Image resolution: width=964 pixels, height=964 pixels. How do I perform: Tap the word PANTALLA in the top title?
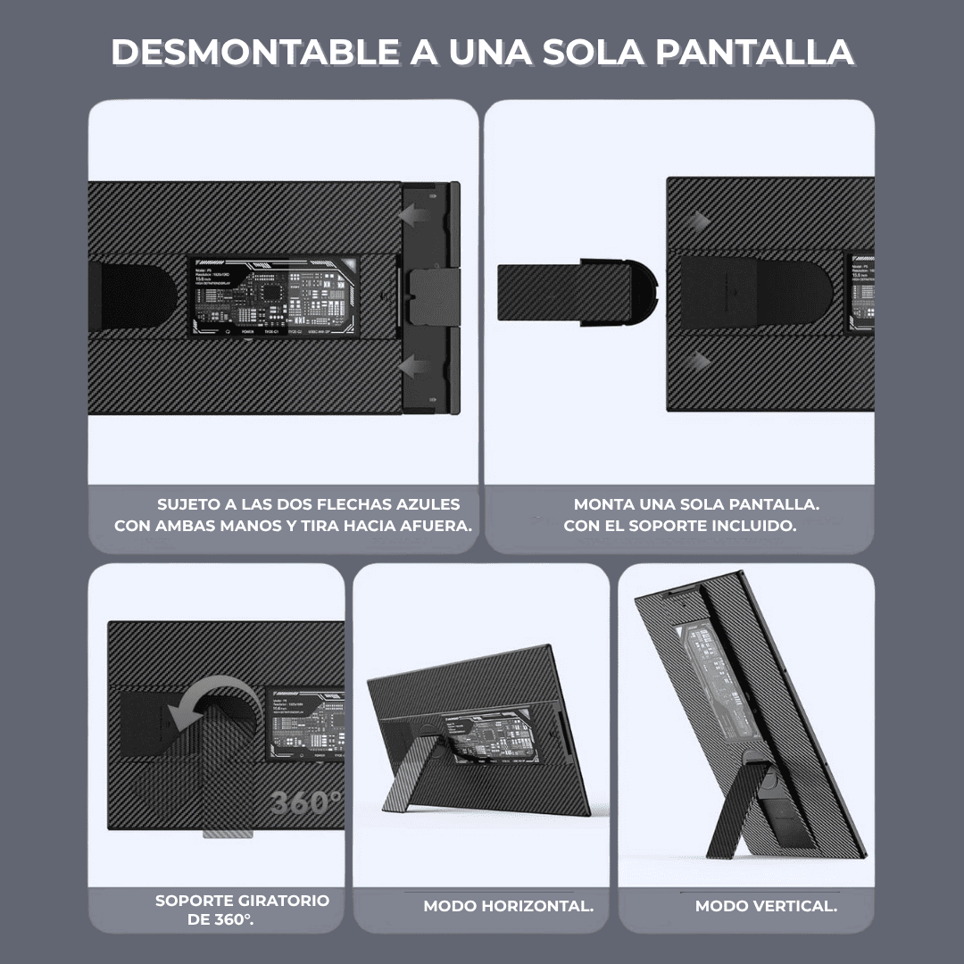tap(754, 53)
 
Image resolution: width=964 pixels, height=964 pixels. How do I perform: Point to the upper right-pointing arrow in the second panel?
tap(703, 220)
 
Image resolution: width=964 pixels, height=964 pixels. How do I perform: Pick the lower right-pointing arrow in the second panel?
tap(703, 361)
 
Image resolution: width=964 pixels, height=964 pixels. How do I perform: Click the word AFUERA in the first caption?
tap(434, 526)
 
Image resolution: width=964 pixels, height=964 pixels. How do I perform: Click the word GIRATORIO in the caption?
tap(283, 901)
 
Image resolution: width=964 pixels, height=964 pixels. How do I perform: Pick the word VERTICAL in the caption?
tap(794, 906)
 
